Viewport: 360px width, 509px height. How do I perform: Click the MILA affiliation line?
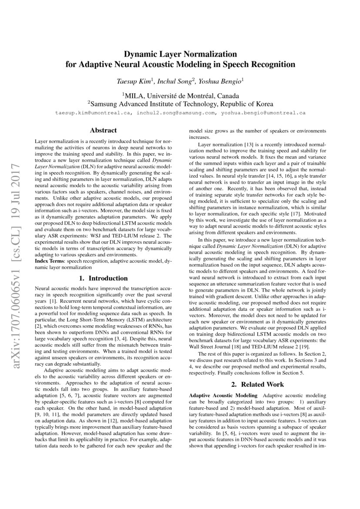pyautogui.click(x=180, y=95)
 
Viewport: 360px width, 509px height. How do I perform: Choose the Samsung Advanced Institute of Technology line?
pyautogui.click(x=180, y=104)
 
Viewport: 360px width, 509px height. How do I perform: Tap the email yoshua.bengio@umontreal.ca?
pyautogui.click(x=263, y=113)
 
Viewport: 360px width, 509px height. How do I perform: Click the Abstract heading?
pyautogui.click(x=103, y=130)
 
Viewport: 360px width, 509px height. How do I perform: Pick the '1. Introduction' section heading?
pyautogui.click(x=103, y=278)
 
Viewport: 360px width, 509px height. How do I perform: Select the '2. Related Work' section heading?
pyautogui.click(x=257, y=384)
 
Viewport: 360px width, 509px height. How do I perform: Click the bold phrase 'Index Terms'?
pyautogui.click(x=50, y=260)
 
